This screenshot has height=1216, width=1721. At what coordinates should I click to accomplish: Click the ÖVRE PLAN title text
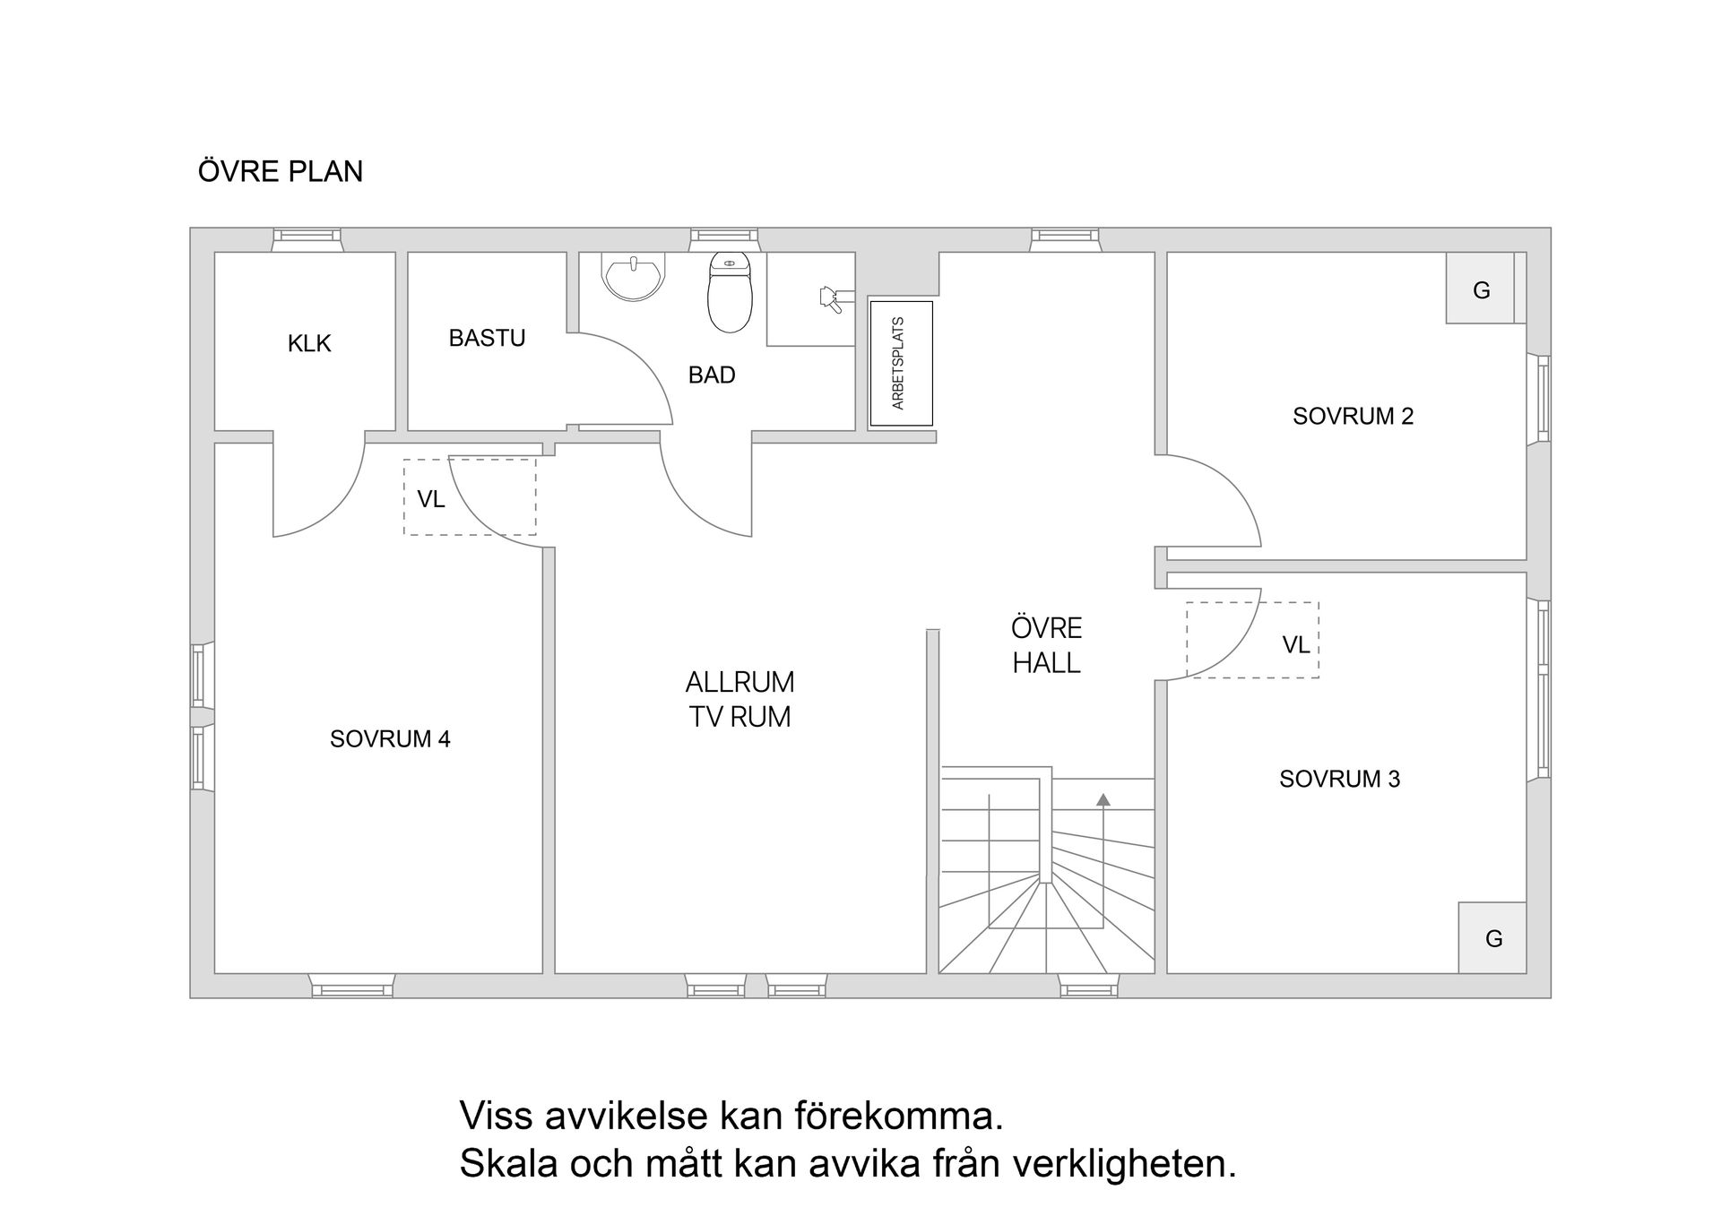pos(281,171)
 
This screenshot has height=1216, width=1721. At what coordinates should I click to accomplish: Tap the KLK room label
pos(309,343)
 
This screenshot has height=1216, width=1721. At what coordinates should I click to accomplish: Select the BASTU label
pos(487,338)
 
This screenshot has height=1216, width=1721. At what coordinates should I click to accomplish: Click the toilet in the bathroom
pos(730,293)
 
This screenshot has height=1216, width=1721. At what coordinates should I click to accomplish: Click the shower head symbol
pos(830,298)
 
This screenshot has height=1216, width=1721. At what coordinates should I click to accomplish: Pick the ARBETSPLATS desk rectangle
pos(901,363)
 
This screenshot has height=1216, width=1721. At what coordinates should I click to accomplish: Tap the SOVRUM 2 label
pos(1353,416)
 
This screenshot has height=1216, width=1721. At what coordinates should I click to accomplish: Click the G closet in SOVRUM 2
pos(1481,289)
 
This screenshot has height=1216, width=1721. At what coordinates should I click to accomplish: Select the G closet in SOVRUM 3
pos(1492,938)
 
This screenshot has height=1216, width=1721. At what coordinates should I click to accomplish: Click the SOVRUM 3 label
pos(1339,779)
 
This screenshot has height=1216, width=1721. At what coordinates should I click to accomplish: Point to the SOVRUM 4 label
pos(390,739)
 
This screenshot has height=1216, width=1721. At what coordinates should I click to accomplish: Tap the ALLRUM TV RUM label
pos(739,700)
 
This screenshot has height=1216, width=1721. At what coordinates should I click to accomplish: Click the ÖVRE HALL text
pos(1046,645)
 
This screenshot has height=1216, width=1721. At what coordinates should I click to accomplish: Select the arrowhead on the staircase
pos(1103,799)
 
